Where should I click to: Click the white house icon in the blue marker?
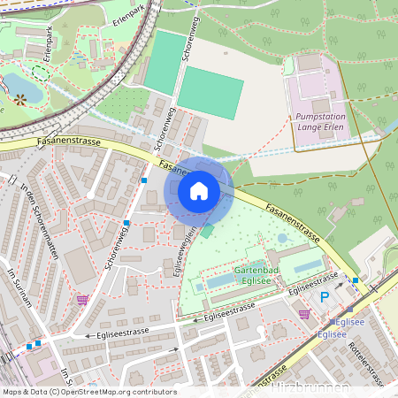tap(199, 191)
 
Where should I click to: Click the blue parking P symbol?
tap(324, 297)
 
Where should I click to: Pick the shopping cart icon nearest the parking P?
tap(304, 313)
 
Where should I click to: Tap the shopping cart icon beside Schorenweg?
tap(82, 300)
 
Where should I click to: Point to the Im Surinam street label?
tap(24, 287)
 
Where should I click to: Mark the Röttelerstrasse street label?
tap(364, 364)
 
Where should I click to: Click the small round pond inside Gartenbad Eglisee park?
tap(282, 238)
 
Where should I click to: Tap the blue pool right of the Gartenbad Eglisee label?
tap(307, 266)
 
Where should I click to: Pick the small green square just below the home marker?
tap(208, 231)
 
